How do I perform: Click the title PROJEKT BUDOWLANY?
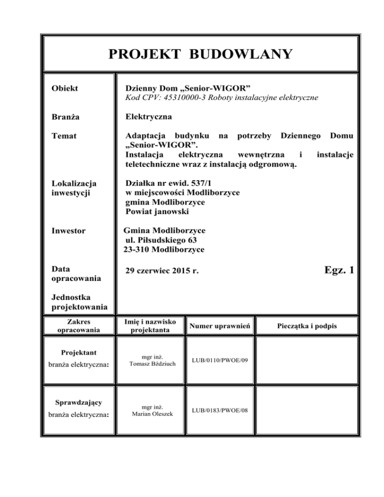(x=199, y=54)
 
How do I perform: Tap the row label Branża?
(x=64, y=117)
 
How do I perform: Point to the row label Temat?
(x=63, y=136)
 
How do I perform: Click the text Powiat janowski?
(x=160, y=212)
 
